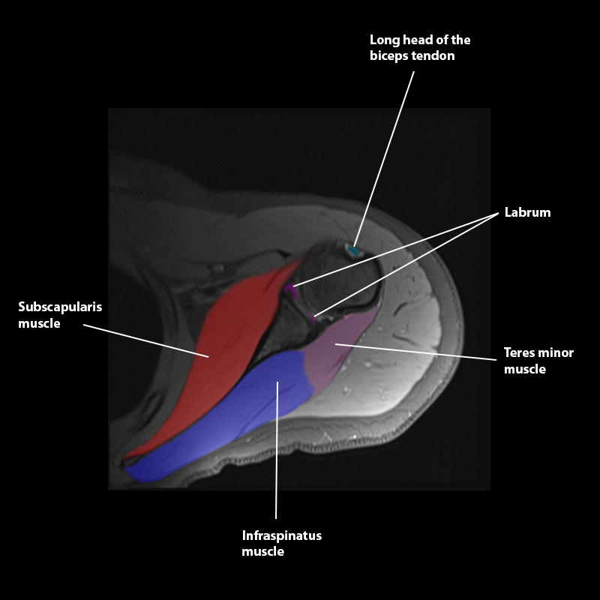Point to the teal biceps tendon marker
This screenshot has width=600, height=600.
(352, 250)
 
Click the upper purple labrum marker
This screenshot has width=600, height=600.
(289, 289)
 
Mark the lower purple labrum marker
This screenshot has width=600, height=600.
(313, 318)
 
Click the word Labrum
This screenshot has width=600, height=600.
(526, 212)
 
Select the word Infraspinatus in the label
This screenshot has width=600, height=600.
(281, 535)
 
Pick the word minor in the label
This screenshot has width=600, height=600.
(556, 352)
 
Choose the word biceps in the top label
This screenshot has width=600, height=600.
(389, 56)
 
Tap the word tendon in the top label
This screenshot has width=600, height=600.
(434, 56)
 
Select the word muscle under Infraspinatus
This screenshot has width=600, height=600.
(262, 552)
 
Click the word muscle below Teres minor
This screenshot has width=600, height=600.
(525, 369)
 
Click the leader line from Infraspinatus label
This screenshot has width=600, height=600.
(277, 465)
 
